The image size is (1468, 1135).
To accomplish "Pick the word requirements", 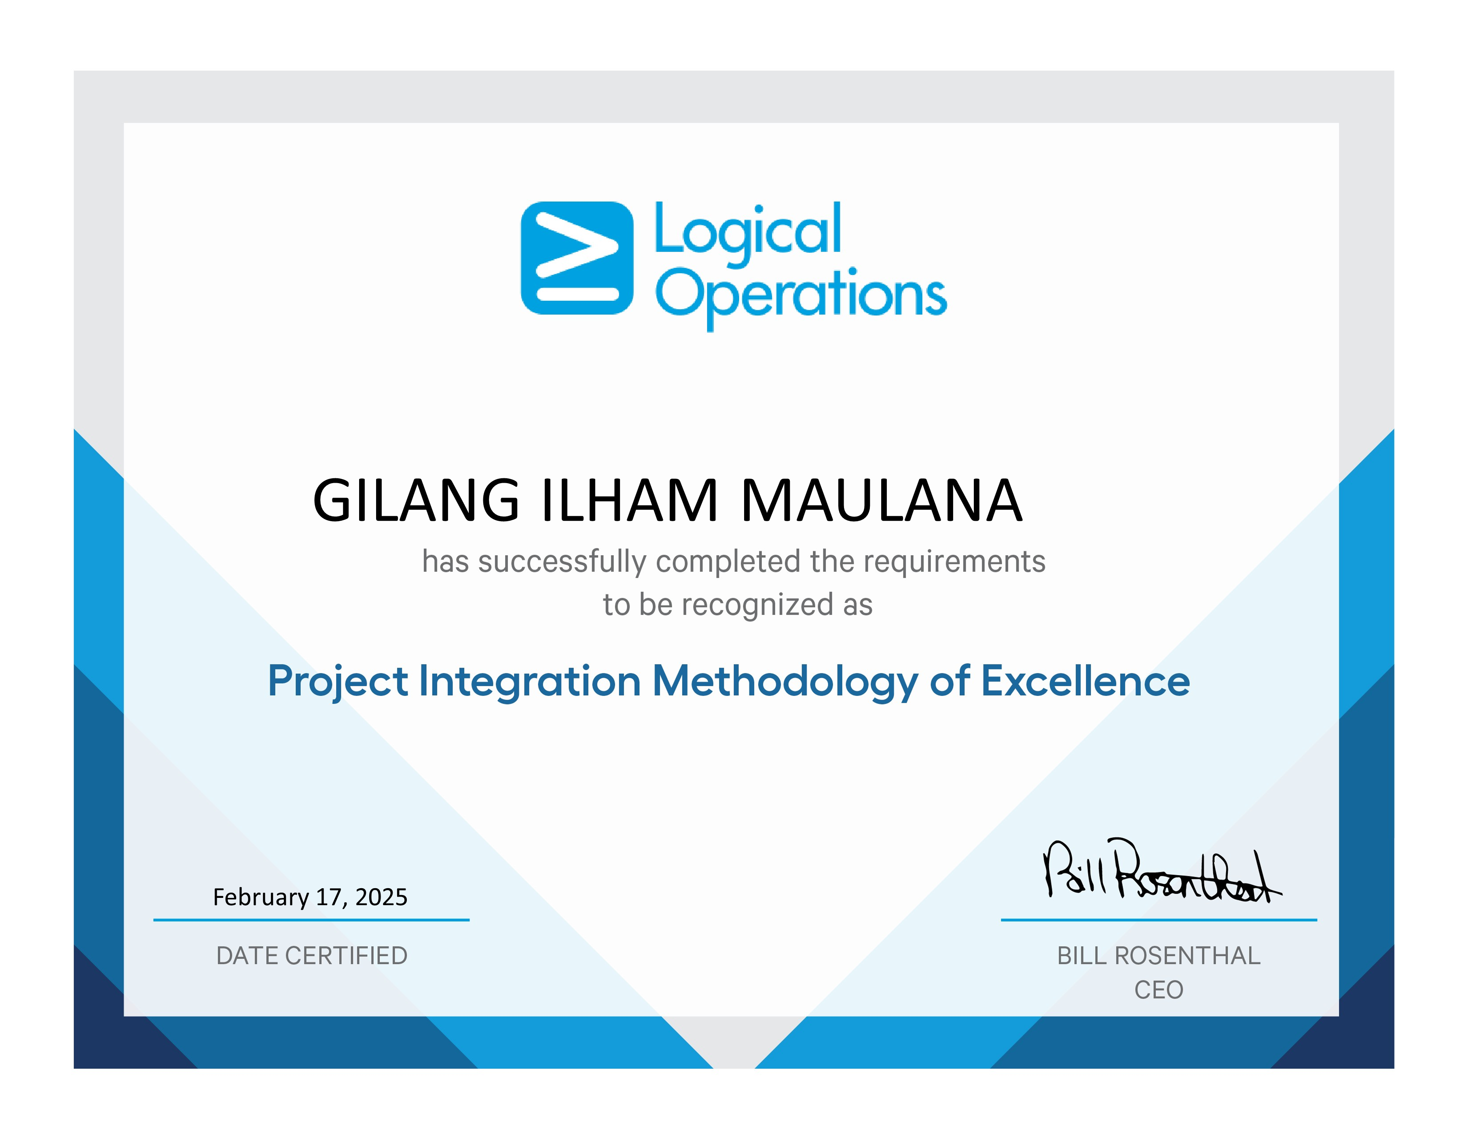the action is click(954, 562).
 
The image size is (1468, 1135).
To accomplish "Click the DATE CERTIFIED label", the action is click(312, 955).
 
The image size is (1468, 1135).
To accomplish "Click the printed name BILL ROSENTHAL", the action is click(1159, 955).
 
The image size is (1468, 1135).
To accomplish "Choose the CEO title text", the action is click(1159, 990).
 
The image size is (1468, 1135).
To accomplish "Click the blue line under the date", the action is click(311, 920).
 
